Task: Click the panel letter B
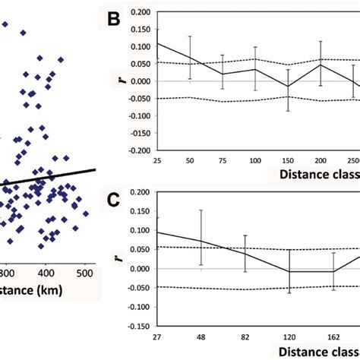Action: (x=115, y=22)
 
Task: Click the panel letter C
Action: (x=115, y=203)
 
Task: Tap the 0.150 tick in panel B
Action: (x=139, y=29)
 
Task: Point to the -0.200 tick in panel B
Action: (x=137, y=150)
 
